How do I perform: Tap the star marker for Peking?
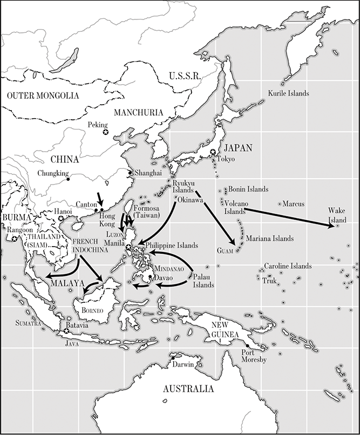[x=105, y=132]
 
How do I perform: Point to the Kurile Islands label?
[x=289, y=93]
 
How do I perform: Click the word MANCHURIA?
[x=139, y=112]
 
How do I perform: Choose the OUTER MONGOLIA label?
[x=43, y=96]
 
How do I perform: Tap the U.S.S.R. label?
[x=185, y=76]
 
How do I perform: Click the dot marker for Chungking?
[x=68, y=179]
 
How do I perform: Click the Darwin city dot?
[x=173, y=357]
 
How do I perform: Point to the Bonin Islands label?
[x=248, y=189]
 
